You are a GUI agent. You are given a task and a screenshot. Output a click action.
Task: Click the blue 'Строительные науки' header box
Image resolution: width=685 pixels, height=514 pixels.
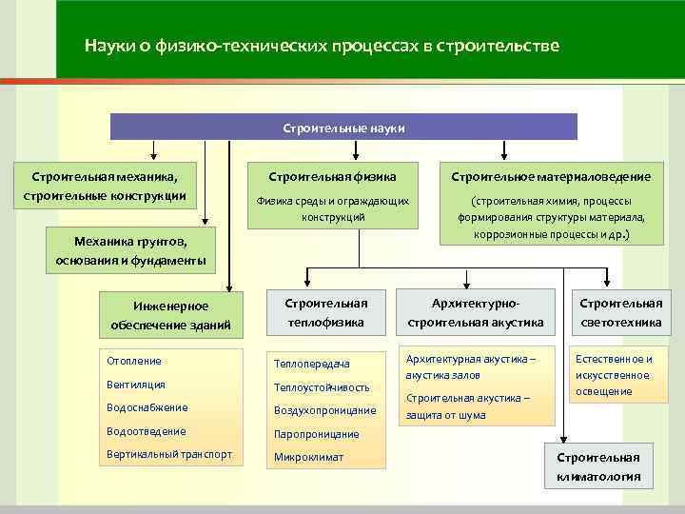point(344,127)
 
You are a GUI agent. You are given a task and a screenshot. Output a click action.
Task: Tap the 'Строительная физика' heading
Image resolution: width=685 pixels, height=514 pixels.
point(332,177)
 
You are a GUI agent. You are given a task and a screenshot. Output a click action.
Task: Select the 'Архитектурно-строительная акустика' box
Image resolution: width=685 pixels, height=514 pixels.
point(475,312)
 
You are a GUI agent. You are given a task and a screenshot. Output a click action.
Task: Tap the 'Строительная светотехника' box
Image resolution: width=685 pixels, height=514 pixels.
point(621,312)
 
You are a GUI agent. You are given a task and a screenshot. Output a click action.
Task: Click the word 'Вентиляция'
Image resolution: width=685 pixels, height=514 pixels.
point(136,385)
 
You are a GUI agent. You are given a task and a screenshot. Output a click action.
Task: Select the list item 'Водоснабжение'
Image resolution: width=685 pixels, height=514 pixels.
point(146,407)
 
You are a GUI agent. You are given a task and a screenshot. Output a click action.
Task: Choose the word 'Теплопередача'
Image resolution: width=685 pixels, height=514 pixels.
point(311,364)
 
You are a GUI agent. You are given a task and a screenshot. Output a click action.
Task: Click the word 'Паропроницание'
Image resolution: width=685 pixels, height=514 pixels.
point(316,434)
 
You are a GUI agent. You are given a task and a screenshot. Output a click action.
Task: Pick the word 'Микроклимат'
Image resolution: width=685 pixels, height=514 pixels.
point(308,457)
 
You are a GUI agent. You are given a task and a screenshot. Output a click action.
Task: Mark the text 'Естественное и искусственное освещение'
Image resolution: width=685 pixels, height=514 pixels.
point(614,375)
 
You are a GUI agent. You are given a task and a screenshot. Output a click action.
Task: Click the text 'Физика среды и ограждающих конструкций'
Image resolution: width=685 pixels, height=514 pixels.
point(332,209)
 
